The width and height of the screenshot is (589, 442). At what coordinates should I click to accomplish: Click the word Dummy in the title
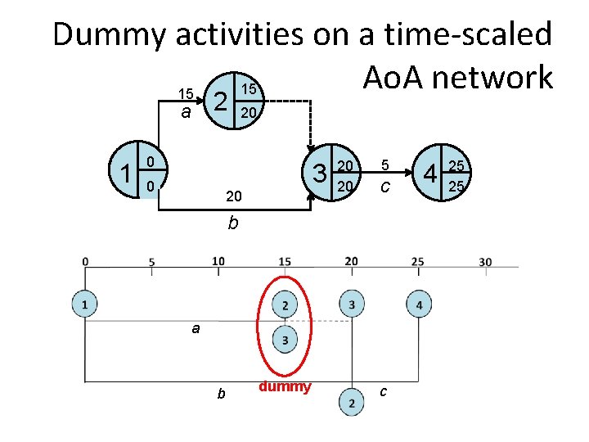pos(110,35)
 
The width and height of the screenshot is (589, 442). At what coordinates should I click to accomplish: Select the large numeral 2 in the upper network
pos(219,101)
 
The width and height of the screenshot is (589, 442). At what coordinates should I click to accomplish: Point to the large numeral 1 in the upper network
pos(125,174)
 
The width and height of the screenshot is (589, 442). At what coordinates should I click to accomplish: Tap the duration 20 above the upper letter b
pos(233,197)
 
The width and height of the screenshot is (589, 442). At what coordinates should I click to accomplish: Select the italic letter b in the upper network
pos(233,222)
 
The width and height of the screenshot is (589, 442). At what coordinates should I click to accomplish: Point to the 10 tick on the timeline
pos(218,261)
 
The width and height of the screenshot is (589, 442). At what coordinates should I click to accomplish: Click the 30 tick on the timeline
pos(485,262)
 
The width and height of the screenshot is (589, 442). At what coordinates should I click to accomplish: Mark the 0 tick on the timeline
pos(86,262)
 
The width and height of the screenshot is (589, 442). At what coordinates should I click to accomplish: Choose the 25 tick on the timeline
pos(417,262)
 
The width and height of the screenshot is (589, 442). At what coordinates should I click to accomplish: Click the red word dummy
pos(285,386)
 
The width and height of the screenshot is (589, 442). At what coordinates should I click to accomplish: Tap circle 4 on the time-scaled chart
pos(419,304)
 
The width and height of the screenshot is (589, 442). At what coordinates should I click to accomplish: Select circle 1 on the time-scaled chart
pos(85,304)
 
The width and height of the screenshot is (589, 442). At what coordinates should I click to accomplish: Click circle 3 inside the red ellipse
pos(285,340)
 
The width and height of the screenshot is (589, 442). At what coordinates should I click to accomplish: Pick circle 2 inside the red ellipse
pos(285,304)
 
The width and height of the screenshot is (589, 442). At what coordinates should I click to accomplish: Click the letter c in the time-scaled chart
pos(384,392)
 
